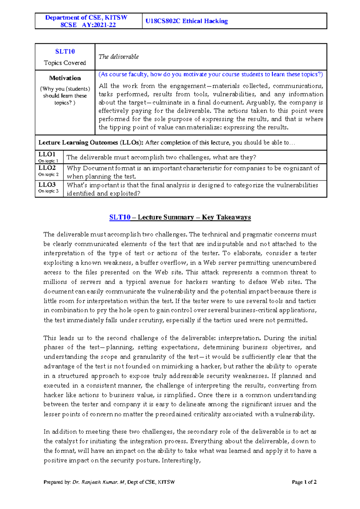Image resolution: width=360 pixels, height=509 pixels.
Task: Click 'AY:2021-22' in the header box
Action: click(99, 25)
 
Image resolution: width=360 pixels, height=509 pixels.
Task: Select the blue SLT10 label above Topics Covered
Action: click(65, 52)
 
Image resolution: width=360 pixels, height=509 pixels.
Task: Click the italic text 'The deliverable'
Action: click(118, 57)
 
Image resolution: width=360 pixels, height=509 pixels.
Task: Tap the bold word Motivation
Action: click(65, 78)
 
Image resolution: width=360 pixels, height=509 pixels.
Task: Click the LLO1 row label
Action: click(47, 154)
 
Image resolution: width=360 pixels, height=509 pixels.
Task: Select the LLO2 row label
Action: click(47, 168)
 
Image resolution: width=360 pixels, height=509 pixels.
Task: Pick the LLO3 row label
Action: click(47, 185)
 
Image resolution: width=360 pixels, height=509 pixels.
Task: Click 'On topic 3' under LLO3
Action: click(48, 191)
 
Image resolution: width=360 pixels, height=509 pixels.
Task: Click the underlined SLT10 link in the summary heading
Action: click(120, 217)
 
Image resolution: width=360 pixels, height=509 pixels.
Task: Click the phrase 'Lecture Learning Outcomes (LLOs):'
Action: click(91, 143)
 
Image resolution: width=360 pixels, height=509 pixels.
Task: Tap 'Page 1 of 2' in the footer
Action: click(304, 482)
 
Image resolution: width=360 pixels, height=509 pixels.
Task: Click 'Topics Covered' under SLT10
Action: click(65, 63)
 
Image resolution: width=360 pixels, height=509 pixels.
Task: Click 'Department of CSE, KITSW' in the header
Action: click(86, 18)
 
